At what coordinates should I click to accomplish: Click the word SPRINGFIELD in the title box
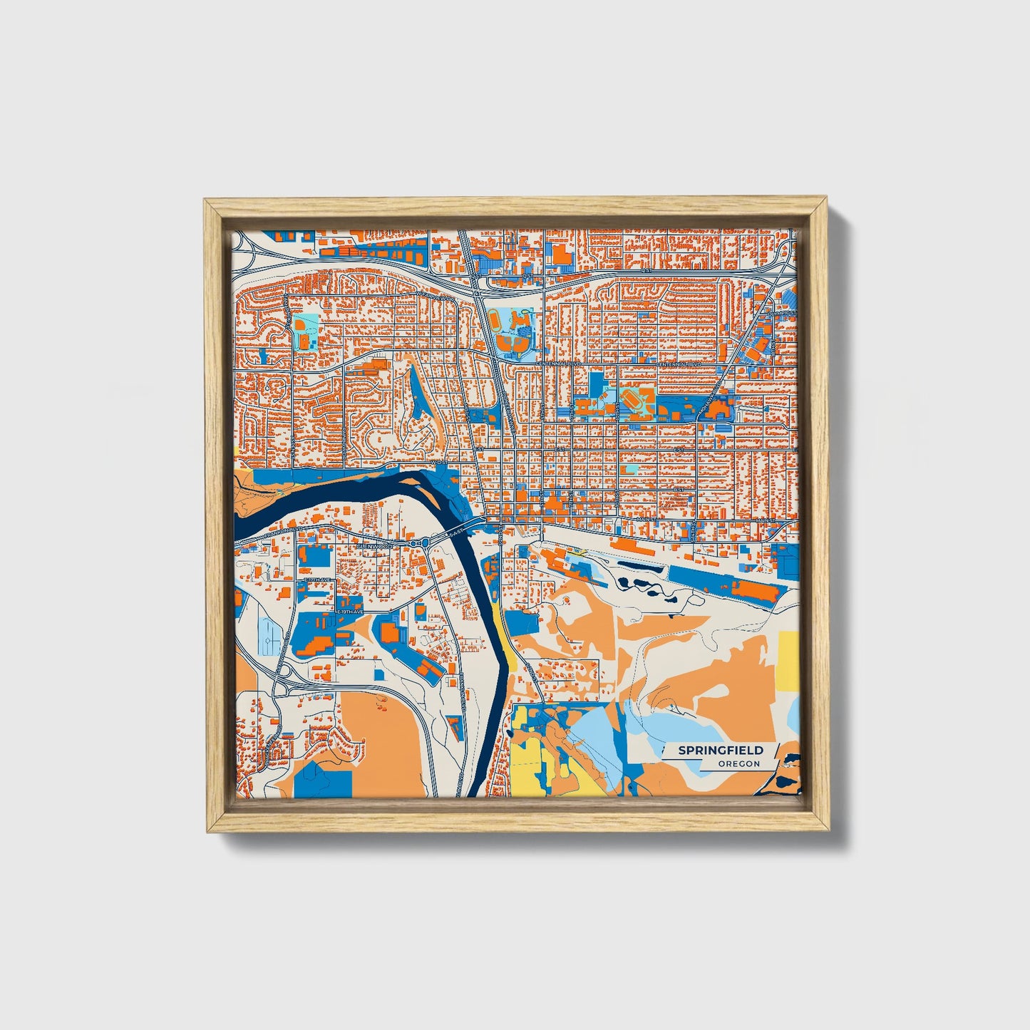click(720, 750)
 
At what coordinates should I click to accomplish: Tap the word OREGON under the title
click(738, 764)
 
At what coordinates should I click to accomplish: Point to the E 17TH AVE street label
click(318, 580)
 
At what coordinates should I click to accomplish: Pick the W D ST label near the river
click(438, 461)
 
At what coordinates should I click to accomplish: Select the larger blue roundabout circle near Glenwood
click(426, 544)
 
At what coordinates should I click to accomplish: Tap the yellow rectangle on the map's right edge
click(788, 660)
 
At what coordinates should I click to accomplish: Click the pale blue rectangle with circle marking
click(271, 636)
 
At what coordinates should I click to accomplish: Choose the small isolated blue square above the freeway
click(311, 251)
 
